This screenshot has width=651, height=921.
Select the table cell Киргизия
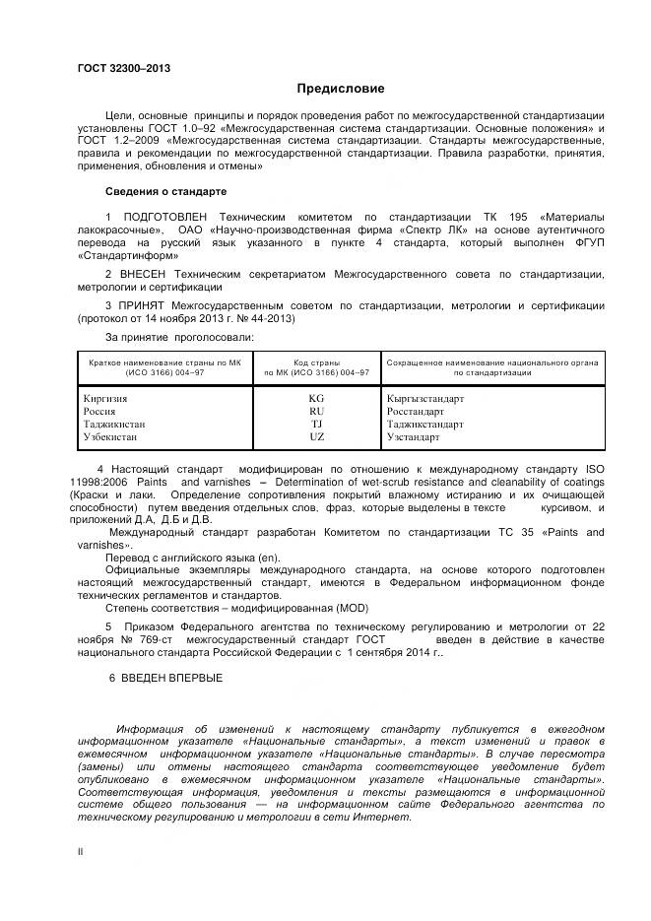click(x=106, y=399)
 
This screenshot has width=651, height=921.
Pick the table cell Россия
click(x=102, y=411)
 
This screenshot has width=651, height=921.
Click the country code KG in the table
click(x=316, y=399)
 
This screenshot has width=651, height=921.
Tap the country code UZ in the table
click(x=316, y=435)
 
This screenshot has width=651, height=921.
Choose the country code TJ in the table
click(x=316, y=424)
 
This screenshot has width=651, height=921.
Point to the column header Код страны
click(x=316, y=362)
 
